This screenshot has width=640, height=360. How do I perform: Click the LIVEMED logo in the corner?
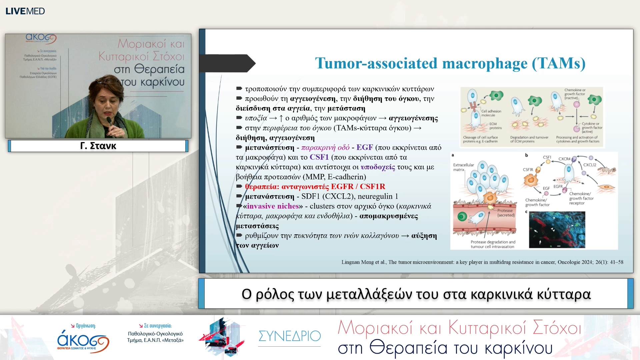coord(25,11)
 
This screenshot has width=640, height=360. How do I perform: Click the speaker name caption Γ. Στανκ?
coord(98,146)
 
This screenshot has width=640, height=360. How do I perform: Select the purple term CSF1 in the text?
coord(319,157)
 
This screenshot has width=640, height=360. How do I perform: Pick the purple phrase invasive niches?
coord(273,206)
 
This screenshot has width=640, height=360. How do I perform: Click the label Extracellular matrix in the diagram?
coord(463,167)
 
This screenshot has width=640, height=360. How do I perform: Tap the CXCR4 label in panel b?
coord(564,159)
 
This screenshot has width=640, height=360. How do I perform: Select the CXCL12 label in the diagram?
coord(589,165)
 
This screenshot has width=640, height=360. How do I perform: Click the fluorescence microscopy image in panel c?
coord(557,230)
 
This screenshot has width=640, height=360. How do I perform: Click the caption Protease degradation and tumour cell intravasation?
coord(493,244)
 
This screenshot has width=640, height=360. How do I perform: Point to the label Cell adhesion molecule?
coord(491,113)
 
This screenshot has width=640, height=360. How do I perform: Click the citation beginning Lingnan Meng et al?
coord(482,262)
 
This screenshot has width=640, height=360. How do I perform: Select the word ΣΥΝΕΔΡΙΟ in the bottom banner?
coord(289,336)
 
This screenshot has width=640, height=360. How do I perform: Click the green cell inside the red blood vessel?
coord(462,217)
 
